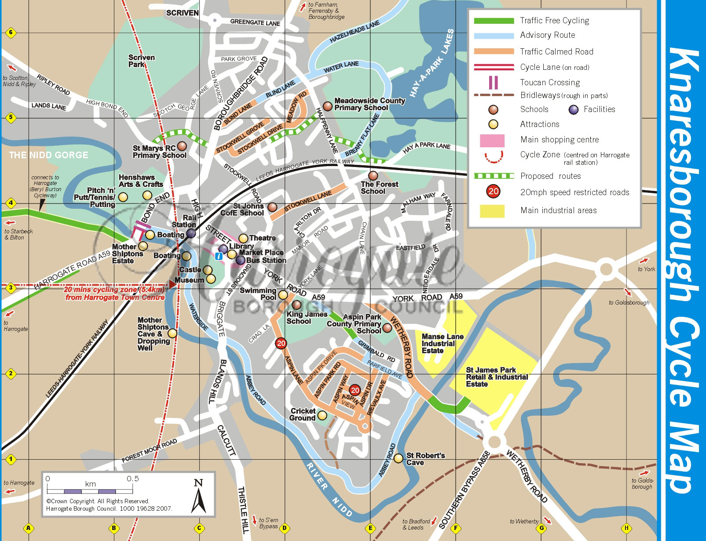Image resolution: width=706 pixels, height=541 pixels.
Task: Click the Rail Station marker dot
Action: coord(191,233)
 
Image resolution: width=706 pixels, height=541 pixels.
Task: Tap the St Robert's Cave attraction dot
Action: coord(398,458)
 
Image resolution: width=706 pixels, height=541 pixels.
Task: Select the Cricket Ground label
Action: coord(303,414)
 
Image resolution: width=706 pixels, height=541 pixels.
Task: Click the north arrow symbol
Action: coord(199,497)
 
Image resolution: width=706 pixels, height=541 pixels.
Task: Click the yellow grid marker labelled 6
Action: coord(11,33)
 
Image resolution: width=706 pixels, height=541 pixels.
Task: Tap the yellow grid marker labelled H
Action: coord(626,528)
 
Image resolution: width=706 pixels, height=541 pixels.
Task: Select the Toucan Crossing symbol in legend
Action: coord(494,82)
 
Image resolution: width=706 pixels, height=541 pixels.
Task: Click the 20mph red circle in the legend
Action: coord(494,192)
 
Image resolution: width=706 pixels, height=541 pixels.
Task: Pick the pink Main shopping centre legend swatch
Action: coord(492,140)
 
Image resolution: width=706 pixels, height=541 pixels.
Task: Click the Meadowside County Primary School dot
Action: coord(327,106)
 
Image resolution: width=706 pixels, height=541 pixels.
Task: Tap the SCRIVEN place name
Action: coord(182,13)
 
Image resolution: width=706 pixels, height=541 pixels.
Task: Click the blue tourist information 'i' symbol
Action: coord(219,256)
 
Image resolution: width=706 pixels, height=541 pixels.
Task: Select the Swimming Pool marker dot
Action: coord(283,295)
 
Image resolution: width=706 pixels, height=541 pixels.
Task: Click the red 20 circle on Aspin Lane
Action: coord(281,343)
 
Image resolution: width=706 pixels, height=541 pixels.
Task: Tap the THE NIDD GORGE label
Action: coord(49,155)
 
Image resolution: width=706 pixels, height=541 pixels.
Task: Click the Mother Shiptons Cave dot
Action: coord(172,334)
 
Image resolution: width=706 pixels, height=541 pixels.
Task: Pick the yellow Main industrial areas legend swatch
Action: coord(492,211)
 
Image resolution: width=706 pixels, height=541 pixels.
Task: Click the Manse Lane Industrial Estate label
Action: coord(442,344)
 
